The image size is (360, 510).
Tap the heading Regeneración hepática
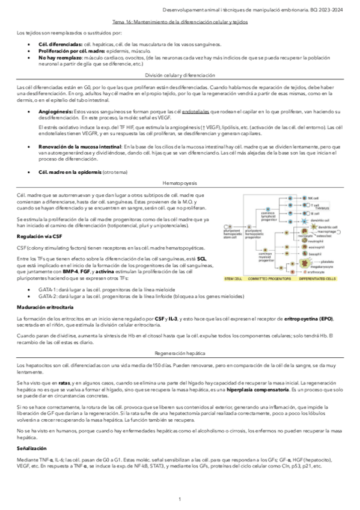(x=180, y=354)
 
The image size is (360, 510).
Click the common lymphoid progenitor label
(x=267, y=216)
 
